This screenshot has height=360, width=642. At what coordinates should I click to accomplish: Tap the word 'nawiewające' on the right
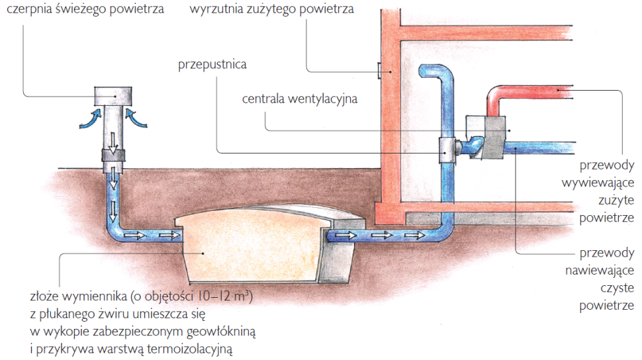coord(598,270)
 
